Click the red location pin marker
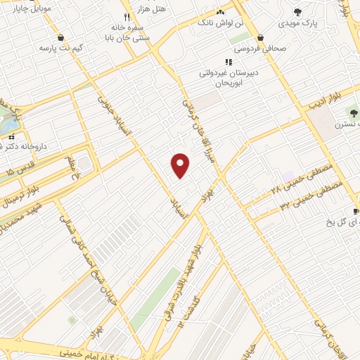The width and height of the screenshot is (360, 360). coord(181,165)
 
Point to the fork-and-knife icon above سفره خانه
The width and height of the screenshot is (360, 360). coord(127,16)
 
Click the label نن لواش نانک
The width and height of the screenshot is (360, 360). coord(220,22)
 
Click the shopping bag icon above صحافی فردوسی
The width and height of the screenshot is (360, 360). coord(261,38)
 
